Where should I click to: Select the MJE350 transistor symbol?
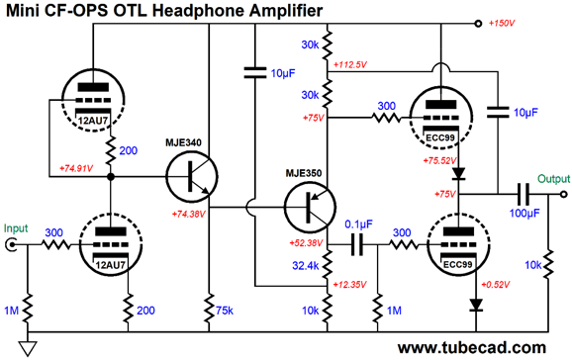(x=308, y=209)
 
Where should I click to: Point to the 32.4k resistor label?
(x=307, y=265)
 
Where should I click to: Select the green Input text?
(x=17, y=227)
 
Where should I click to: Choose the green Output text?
(x=552, y=179)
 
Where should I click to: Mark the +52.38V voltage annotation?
(x=303, y=243)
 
